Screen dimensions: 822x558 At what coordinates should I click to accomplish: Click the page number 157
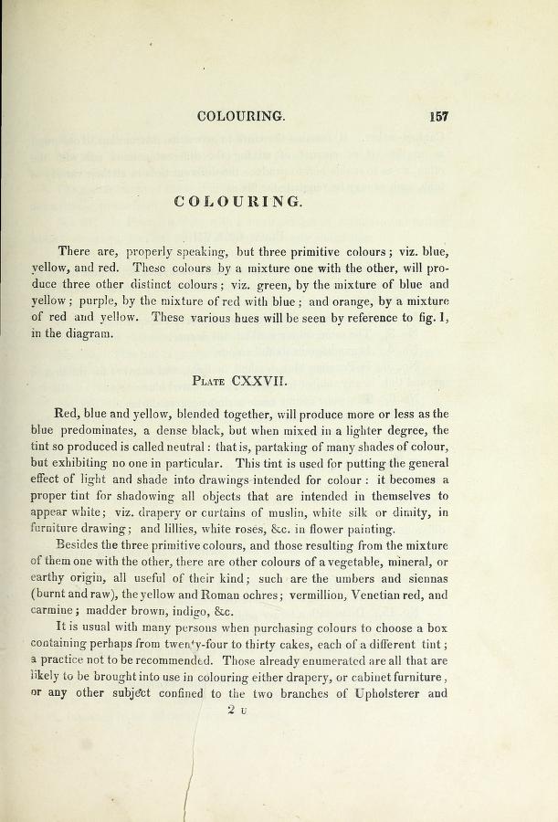pos(437,117)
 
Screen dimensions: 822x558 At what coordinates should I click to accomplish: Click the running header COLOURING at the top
pos(241,117)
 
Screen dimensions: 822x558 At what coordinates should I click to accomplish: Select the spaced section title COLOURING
pos(237,202)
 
